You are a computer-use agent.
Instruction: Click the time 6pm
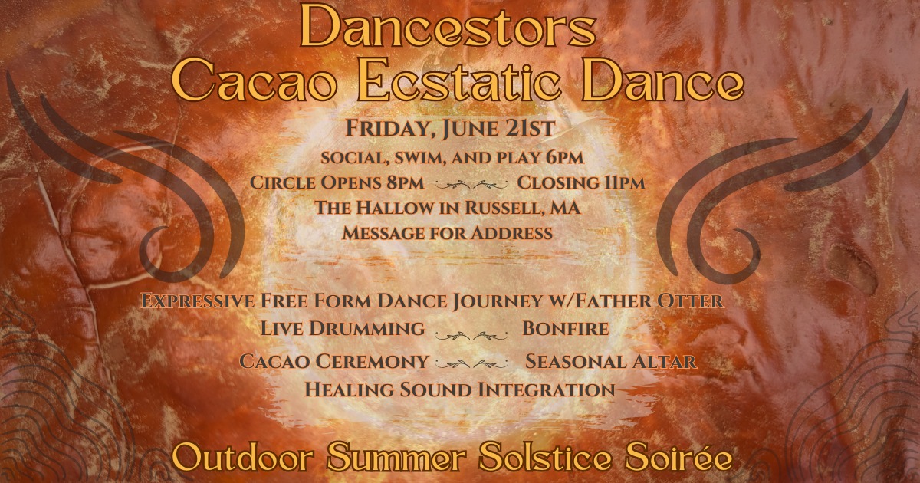[x=565, y=158]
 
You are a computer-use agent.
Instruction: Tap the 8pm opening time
[x=405, y=182]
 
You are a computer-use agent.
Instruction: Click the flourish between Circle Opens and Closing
[x=472, y=186]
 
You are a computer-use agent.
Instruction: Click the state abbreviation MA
[x=566, y=208]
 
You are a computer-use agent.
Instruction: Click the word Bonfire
[x=565, y=329]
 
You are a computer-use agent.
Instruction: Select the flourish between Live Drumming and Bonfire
[x=472, y=336]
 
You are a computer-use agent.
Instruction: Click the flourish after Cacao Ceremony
[x=472, y=364]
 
